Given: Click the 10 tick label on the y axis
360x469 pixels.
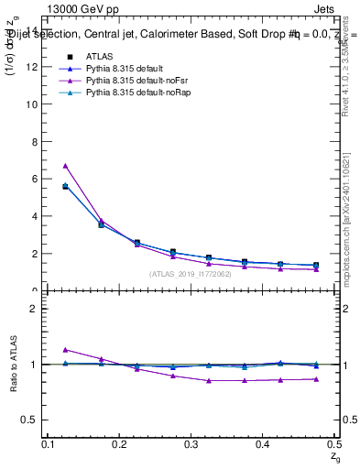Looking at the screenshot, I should pyautogui.click(x=35, y=104).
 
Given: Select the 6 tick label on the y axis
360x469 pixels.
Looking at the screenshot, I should pyautogui.click(x=38, y=180).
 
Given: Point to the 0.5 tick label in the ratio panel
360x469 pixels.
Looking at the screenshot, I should pyautogui.click(x=33, y=420).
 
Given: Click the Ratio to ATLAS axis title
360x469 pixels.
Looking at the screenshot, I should pyautogui.click(x=14, y=365).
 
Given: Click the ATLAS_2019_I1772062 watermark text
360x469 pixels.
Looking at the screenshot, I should pyautogui.click(x=191, y=273).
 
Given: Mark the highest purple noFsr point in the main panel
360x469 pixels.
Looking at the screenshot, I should pyautogui.click(x=65, y=166).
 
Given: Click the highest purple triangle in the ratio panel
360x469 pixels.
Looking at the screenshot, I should pyautogui.click(x=65, y=350).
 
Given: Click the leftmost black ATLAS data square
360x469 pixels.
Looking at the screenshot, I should pyautogui.click(x=65, y=186).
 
